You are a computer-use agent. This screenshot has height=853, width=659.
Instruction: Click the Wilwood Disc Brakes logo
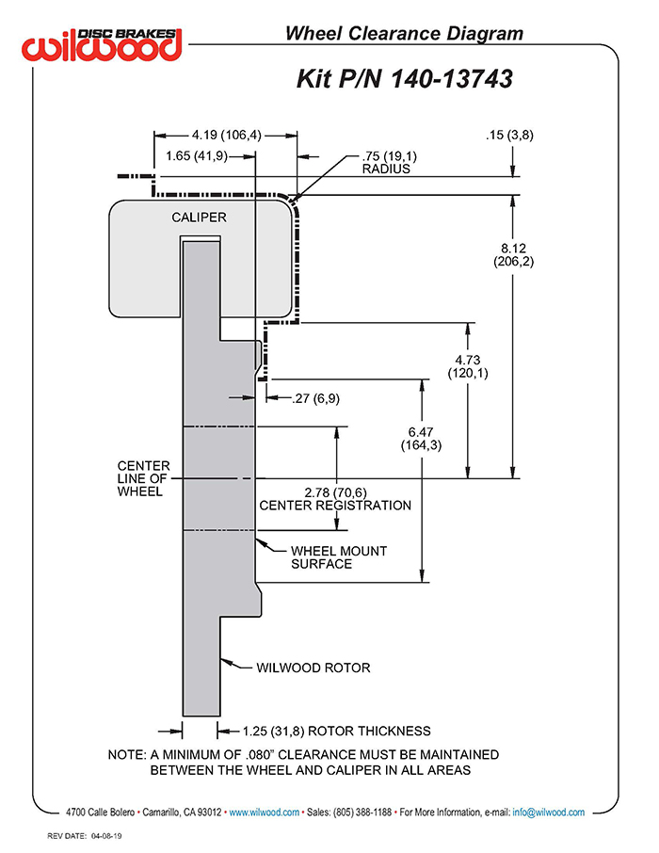pos(102,44)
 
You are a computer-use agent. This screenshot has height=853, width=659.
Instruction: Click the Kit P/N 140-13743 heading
pos(404,79)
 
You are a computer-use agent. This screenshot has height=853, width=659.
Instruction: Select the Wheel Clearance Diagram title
pos(404,33)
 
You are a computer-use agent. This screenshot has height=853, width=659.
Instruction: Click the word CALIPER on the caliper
pos(199,217)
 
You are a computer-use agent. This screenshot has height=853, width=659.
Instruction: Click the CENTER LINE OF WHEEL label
pos(144,478)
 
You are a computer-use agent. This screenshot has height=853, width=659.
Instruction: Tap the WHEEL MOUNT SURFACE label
pos(339,557)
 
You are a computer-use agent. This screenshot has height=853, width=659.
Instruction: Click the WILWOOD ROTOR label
pos(313,668)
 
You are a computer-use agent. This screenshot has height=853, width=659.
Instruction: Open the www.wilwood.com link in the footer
pos(264,813)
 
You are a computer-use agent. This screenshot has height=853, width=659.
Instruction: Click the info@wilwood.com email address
pos(549,813)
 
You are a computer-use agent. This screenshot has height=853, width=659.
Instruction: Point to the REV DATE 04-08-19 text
pos(85,836)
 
